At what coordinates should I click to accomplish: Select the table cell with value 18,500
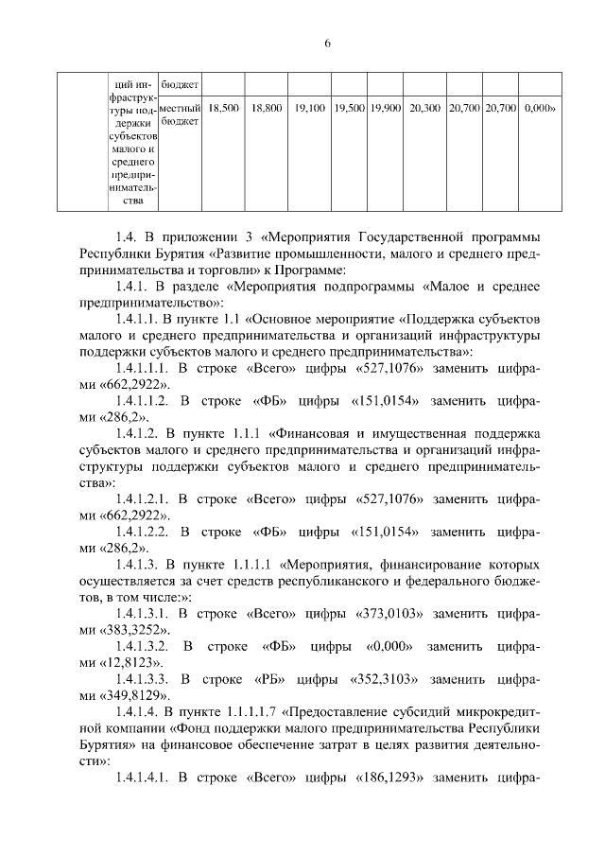tap(223, 109)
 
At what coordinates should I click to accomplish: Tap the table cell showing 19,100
tap(310, 109)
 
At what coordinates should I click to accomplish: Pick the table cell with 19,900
tap(387, 109)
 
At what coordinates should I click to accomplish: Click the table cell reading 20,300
tap(425, 109)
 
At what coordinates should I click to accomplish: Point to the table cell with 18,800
tap(268, 109)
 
